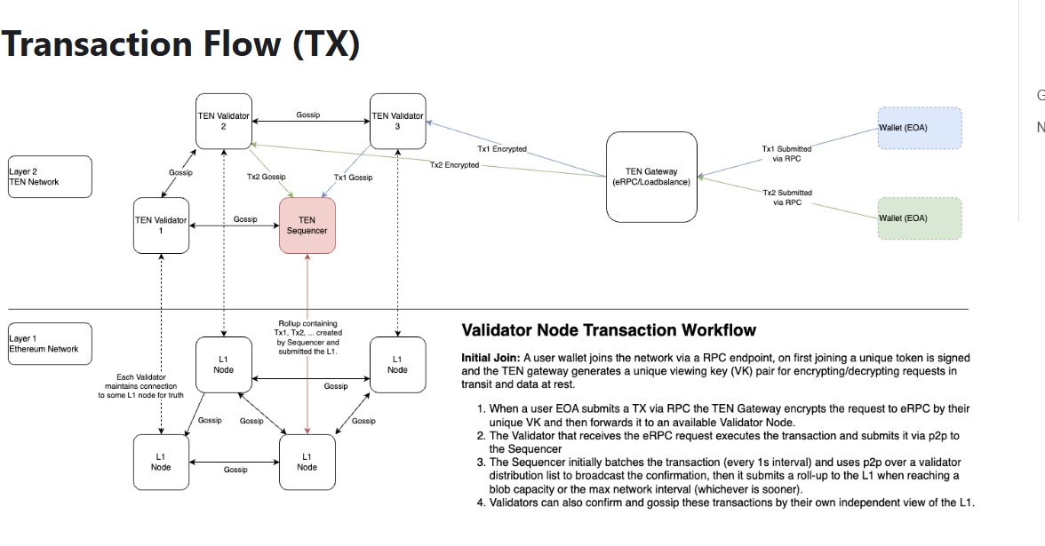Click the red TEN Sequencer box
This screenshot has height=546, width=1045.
pyautogui.click(x=307, y=225)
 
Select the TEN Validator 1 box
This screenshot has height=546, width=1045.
pyautogui.click(x=161, y=225)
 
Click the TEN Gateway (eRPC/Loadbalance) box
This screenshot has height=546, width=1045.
pyautogui.click(x=651, y=176)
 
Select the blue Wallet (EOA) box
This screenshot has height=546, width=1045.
pyautogui.click(x=919, y=129)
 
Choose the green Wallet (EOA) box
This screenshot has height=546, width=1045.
pyautogui.click(x=919, y=218)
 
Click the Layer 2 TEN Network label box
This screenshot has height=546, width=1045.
pyautogui.click(x=51, y=176)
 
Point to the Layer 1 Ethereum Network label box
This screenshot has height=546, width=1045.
pyautogui.click(x=51, y=344)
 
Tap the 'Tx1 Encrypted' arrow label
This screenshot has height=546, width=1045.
pyautogui.click(x=504, y=149)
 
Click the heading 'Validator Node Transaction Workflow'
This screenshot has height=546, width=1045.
pyautogui.click(x=609, y=330)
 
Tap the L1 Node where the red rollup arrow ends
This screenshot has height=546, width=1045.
pyautogui.click(x=307, y=461)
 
